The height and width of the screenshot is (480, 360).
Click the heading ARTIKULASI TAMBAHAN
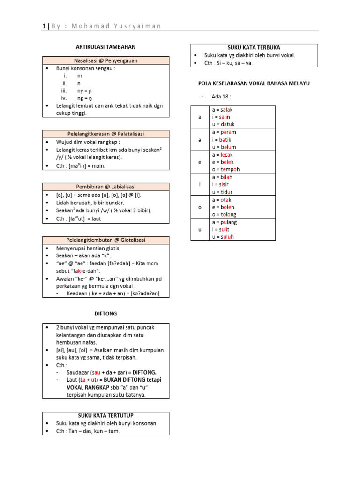[105, 47]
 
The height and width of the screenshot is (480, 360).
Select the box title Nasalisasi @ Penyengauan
[105, 60]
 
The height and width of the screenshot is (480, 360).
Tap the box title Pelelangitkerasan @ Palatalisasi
[105, 134]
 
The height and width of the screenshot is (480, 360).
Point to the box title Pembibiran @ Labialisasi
[105, 187]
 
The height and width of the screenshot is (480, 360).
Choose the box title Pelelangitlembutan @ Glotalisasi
[105, 240]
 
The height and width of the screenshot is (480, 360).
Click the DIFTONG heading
[105, 313]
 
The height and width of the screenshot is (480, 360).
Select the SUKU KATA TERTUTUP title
[105, 415]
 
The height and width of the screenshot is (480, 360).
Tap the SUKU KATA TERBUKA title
[254, 48]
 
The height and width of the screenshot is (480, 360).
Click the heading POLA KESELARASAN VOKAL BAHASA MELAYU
[254, 83]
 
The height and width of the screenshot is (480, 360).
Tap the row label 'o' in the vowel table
[200, 207]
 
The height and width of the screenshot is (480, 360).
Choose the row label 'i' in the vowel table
[200, 185]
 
